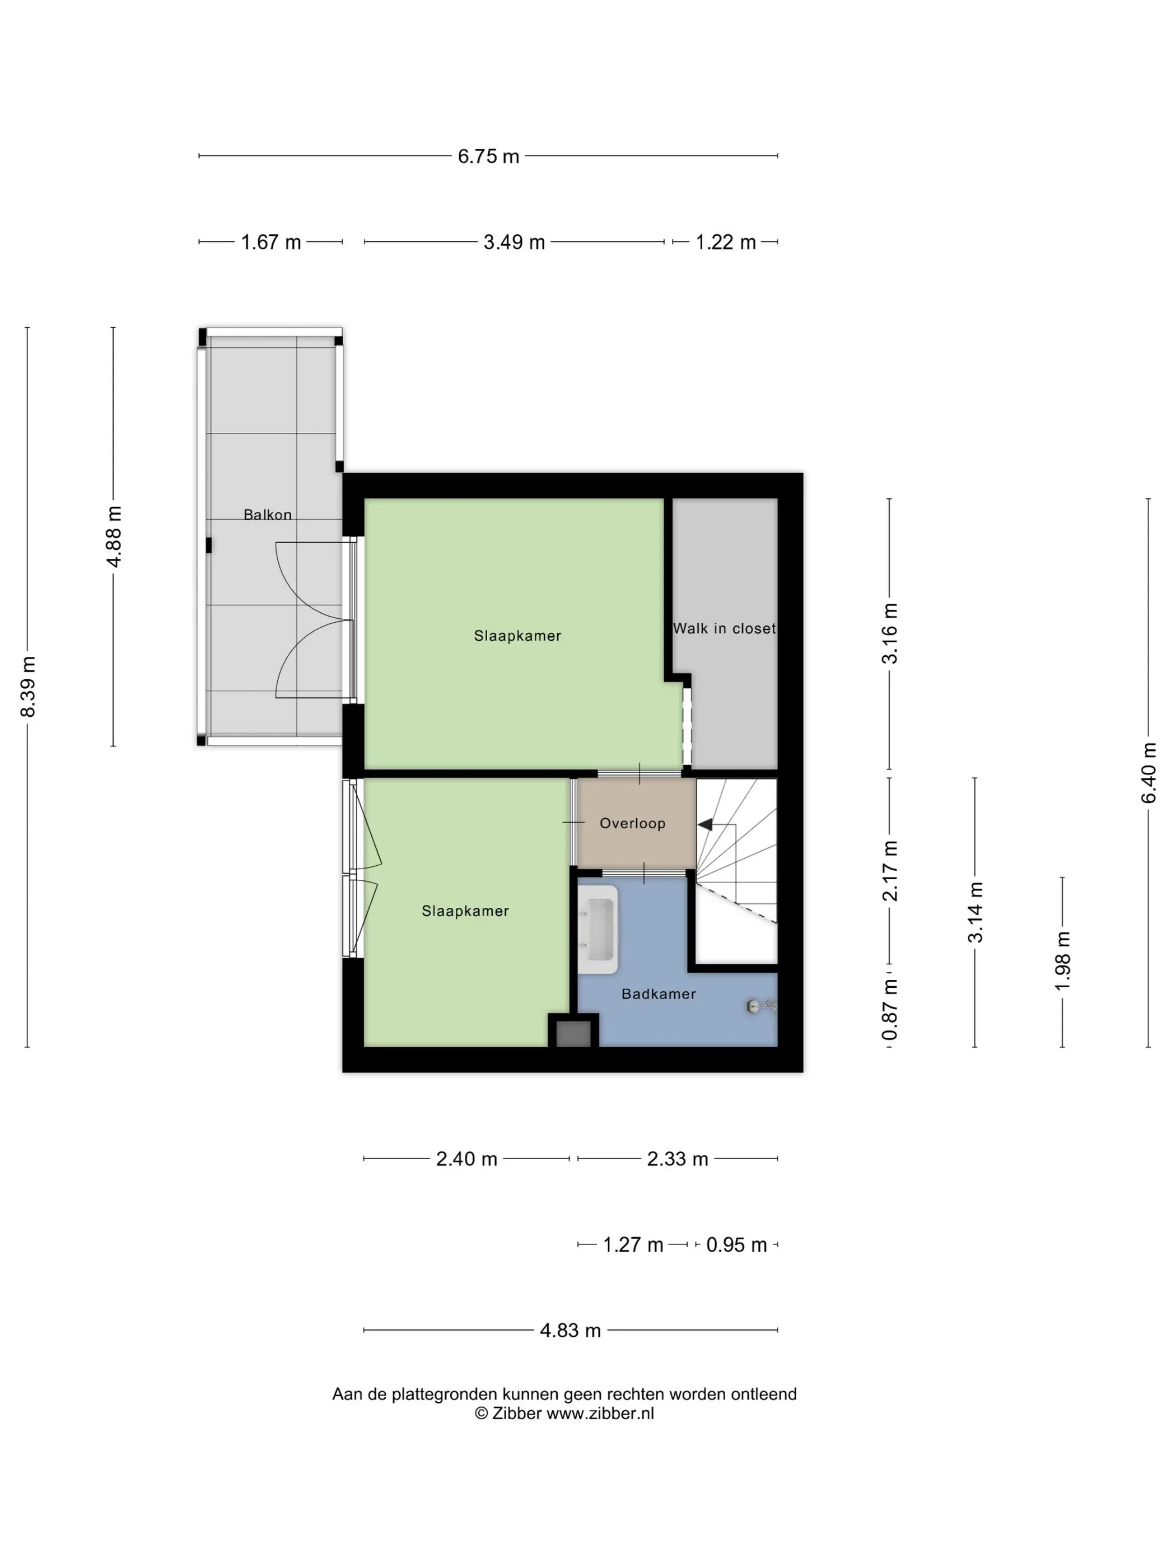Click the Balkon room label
267,515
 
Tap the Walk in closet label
724,628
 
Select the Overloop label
632,823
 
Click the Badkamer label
659,994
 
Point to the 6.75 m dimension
488,156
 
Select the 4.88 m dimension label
114,536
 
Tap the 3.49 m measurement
514,242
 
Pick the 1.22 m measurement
725,242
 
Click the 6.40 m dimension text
1149,773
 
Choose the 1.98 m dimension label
1062,961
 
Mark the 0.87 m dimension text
890,1010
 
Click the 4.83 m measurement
570,1331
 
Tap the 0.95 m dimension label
736,1245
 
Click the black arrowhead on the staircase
705,824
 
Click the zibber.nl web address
600,1413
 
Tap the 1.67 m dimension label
271,242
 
